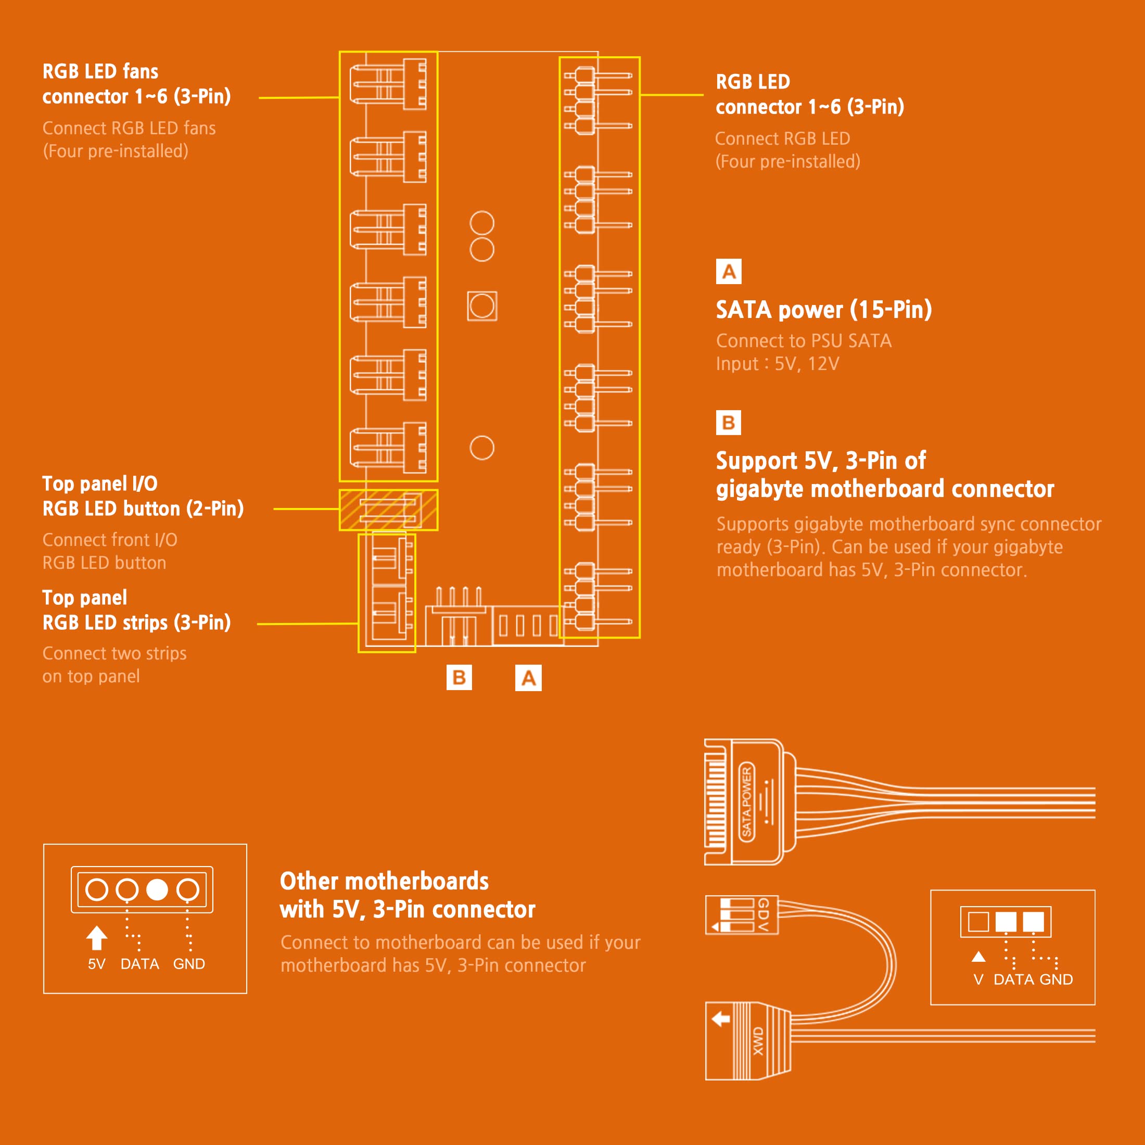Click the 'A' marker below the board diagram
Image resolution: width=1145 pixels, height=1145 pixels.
[528, 678]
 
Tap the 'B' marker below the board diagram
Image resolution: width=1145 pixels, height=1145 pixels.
[460, 678]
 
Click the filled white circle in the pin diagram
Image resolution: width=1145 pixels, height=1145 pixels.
[157, 889]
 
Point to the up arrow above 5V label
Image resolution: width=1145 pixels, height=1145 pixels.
[97, 937]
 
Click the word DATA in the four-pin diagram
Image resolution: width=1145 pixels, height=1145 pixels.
[140, 964]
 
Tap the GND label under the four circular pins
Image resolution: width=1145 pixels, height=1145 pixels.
[189, 964]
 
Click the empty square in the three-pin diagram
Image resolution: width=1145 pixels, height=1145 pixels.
[978, 922]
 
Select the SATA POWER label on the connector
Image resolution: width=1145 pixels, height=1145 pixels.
[747, 802]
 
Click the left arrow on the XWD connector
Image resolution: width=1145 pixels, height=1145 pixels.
[721, 1019]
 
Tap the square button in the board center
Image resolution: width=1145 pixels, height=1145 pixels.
[482, 306]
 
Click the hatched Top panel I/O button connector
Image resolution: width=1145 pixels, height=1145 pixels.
[389, 510]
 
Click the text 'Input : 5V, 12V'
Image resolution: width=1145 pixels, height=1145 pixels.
[778, 363]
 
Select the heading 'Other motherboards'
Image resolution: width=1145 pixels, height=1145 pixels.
[384, 881]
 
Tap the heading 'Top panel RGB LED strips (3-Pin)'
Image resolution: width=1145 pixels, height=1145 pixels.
[136, 610]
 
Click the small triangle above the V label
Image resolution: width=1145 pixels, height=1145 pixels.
[978, 957]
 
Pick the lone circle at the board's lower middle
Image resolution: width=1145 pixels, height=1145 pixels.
[482, 448]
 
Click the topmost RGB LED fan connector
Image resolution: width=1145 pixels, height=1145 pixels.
[388, 84]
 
